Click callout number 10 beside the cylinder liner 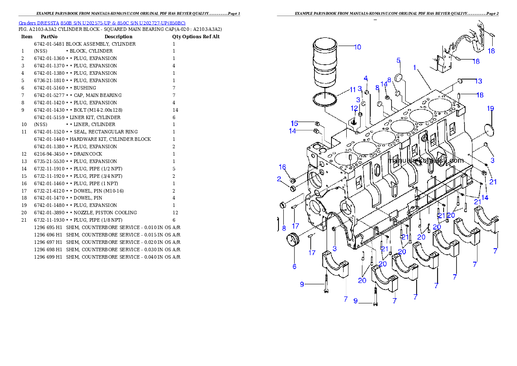point(357,47)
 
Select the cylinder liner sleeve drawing point(325,63)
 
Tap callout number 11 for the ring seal point(353,90)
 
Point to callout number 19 point(490,108)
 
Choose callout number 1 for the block point(415,68)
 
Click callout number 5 point(398,60)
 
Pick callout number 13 point(478,81)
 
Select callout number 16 point(282,167)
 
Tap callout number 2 point(279,178)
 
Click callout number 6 point(294,266)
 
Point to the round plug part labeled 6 point(294,240)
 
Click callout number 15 point(295,123)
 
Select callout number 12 point(355,108)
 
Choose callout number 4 point(366,79)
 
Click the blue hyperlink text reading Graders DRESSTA point(102,23)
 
